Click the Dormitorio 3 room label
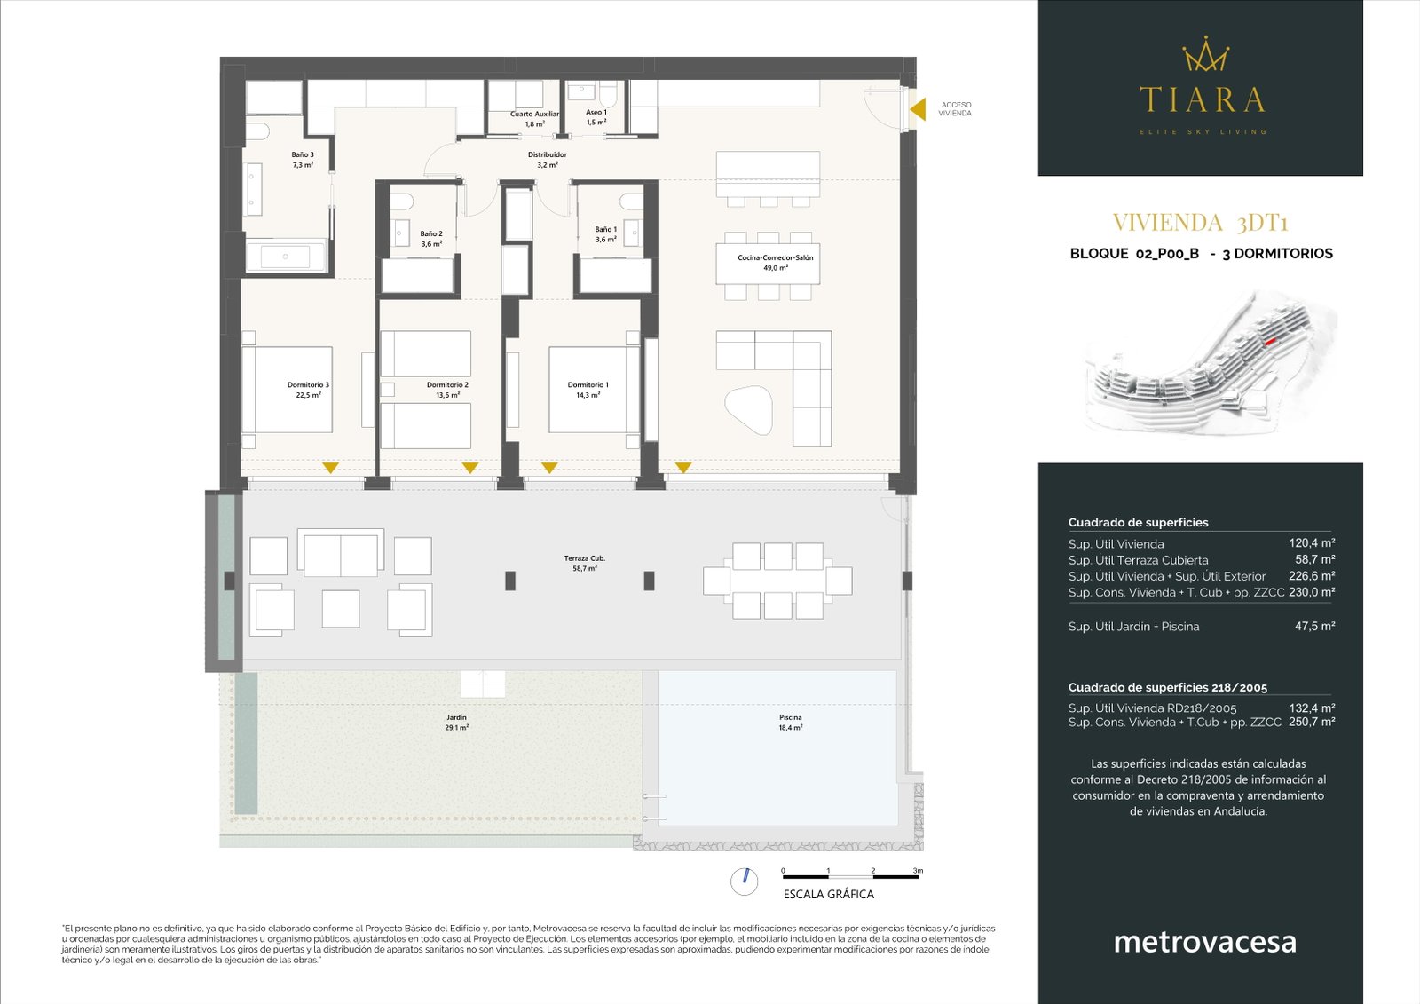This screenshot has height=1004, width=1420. [308, 390]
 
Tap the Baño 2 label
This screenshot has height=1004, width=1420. [431, 239]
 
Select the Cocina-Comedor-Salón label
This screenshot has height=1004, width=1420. [775, 262]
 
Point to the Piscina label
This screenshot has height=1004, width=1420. [790, 722]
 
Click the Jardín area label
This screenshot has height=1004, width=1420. [456, 722]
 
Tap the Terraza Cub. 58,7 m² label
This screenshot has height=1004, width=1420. [584, 563]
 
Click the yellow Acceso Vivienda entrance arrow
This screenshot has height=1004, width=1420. [919, 108]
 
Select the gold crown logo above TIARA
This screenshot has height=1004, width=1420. [1204, 55]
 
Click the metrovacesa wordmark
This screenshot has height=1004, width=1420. [1204, 941]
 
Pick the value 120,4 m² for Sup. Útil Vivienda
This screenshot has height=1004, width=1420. [1312, 543]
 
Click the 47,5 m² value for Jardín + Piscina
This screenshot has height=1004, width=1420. [1314, 626]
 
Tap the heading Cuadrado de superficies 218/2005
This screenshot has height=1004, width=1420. [1167, 687]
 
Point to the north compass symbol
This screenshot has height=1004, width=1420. [744, 881]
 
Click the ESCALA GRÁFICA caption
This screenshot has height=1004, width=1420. [828, 894]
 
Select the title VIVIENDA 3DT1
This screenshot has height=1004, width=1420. [1200, 222]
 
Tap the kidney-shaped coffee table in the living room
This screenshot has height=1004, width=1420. [750, 410]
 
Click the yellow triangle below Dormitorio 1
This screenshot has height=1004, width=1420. [549, 468]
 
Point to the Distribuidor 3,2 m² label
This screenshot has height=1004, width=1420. [547, 160]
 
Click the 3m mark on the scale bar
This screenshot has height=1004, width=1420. [918, 871]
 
